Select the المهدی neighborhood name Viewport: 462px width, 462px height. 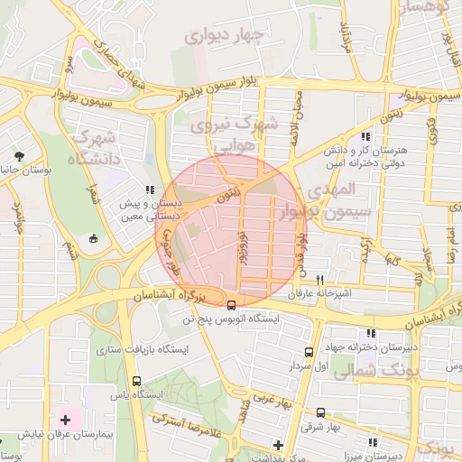[x=334, y=190]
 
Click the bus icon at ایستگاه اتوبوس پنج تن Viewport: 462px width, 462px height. [x=232, y=304]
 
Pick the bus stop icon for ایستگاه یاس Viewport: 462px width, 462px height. [x=136, y=381]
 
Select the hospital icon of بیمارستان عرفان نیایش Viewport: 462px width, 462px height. [x=65, y=420]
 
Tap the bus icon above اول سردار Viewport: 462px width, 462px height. [x=310, y=353]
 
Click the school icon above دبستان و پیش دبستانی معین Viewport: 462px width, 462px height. [x=149, y=189]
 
